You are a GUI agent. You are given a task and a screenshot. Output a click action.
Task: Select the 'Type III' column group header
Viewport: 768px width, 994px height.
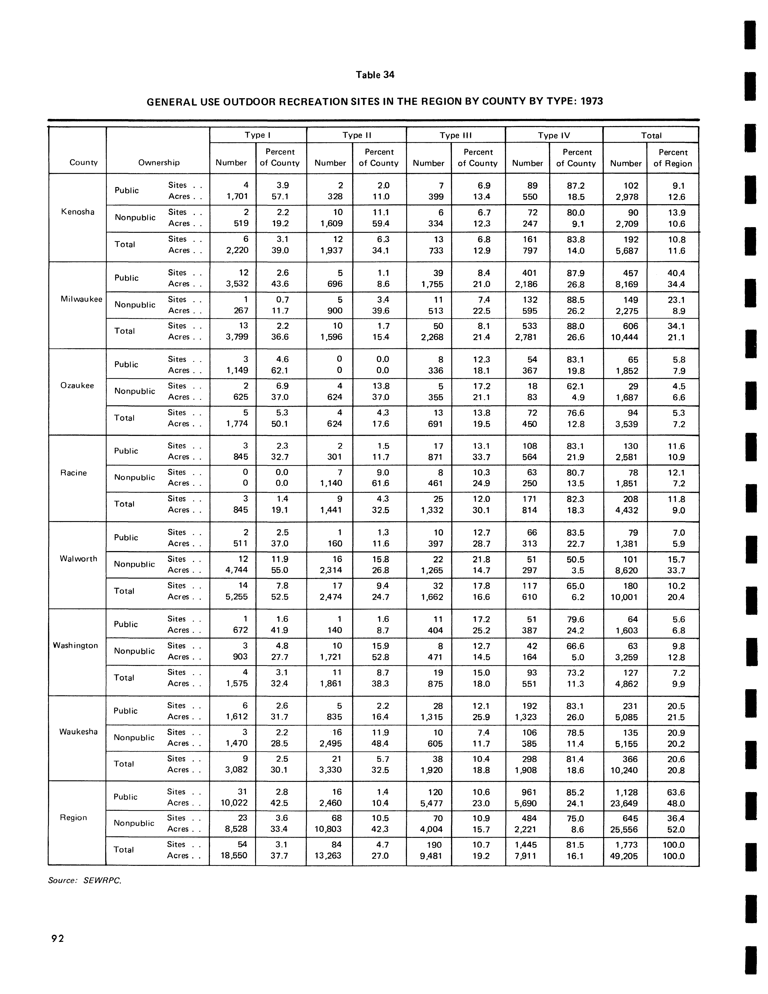point(455,135)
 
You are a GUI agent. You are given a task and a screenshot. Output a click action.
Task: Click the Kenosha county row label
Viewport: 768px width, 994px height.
point(77,212)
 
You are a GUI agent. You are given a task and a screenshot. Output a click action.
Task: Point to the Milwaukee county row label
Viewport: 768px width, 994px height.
point(81,299)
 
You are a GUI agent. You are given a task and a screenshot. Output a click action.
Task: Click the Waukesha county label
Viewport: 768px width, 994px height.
point(78,731)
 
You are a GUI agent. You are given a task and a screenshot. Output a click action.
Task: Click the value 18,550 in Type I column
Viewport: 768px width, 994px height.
point(234,856)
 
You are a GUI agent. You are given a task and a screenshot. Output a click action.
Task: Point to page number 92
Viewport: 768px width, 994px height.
point(58,938)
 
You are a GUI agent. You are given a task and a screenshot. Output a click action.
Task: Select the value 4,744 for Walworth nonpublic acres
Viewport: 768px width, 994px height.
point(234,570)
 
